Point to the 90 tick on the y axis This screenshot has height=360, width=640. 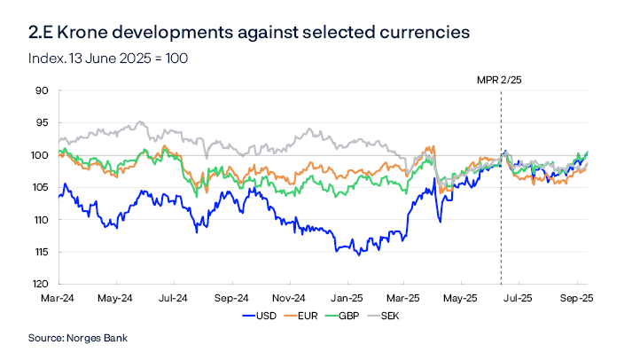[x=40, y=90]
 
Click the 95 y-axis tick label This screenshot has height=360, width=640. [x=40, y=123]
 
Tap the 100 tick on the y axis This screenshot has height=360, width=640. [x=38, y=155]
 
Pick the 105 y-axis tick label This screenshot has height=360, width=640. [x=38, y=187]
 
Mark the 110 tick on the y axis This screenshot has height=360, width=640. [x=38, y=220]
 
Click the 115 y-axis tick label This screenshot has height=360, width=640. [x=38, y=252]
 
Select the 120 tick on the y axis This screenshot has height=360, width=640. [x=38, y=285]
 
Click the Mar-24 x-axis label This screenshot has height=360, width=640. [x=59, y=298]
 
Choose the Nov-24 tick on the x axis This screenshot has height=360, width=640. [x=289, y=298]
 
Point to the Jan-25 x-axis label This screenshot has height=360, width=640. [x=347, y=298]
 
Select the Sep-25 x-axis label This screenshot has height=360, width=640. [x=576, y=298]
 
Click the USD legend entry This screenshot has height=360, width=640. [x=258, y=315]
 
